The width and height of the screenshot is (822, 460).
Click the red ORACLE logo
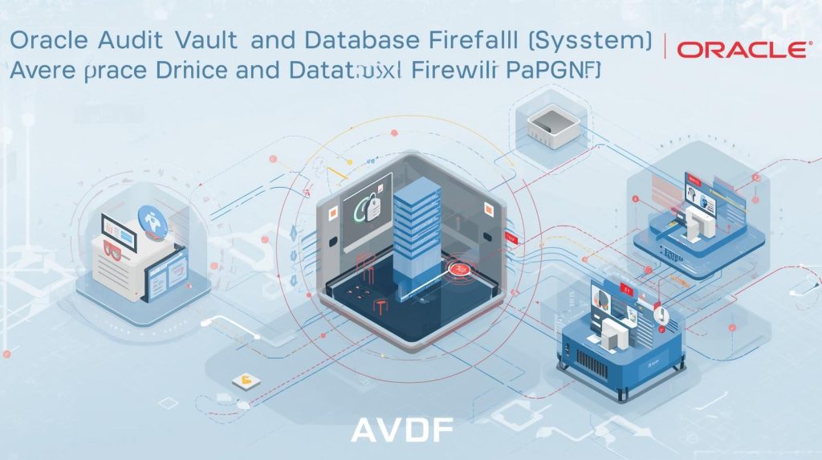743,50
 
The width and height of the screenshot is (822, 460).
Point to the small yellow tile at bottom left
240,380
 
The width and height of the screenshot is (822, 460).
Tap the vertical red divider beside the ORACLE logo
666,48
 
